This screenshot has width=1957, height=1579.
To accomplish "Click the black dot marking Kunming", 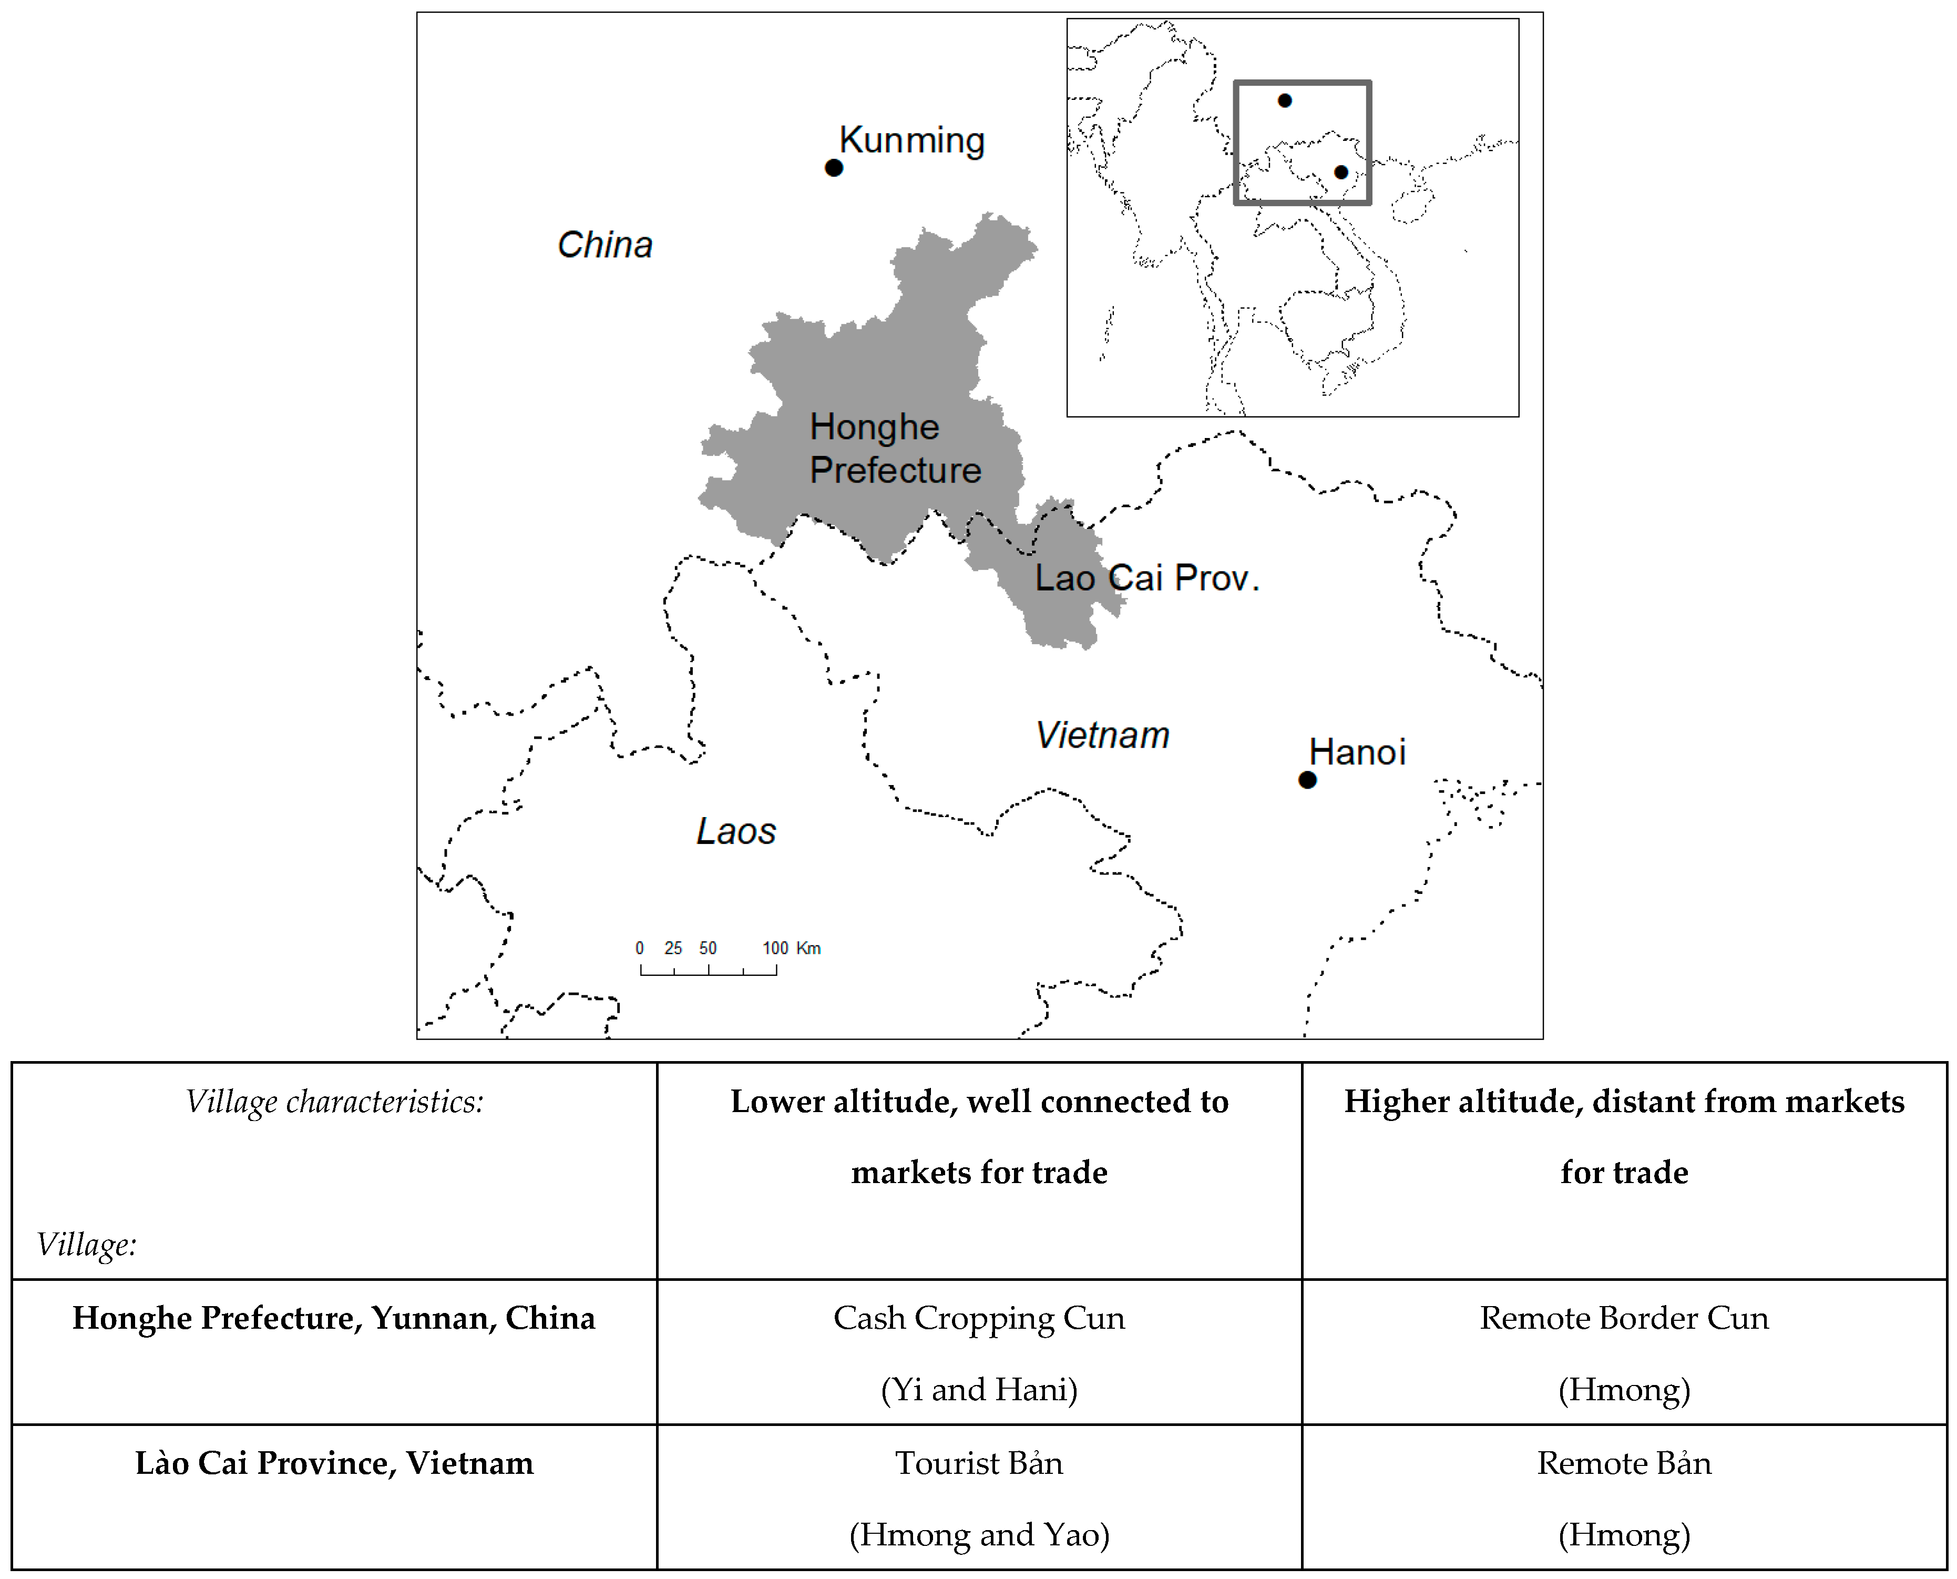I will click(x=833, y=167).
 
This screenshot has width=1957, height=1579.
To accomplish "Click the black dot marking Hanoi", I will click(x=1307, y=779).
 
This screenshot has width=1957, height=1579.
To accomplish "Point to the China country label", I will click(x=604, y=245).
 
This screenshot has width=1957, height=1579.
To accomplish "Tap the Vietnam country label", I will click(x=1102, y=735).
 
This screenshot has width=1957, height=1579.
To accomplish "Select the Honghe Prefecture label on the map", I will click(x=895, y=449).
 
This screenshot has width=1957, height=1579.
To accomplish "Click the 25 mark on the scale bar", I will click(x=673, y=948).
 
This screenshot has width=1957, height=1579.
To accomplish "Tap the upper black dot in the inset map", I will click(x=1284, y=100).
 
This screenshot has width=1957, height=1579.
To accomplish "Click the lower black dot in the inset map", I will click(x=1340, y=172).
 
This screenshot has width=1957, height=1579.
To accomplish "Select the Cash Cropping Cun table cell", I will click(x=979, y=1352).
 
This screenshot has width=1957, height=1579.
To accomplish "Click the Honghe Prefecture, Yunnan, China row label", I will click(x=334, y=1318).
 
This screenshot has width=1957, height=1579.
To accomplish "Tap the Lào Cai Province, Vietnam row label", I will click(x=334, y=1463).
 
